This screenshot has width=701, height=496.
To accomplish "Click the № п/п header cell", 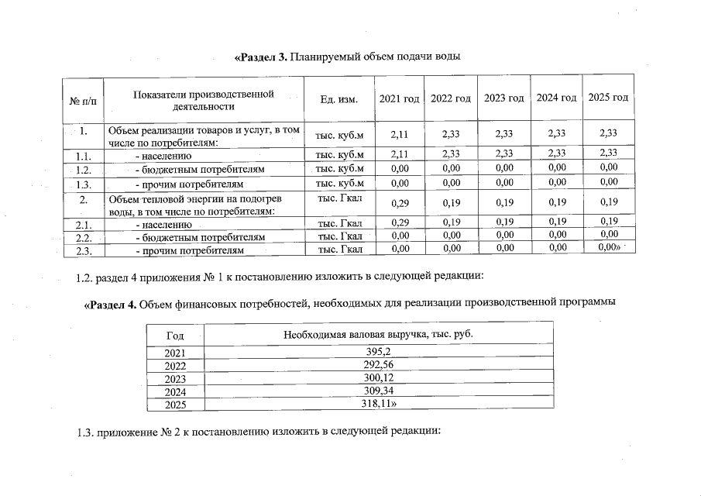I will coord(83,101).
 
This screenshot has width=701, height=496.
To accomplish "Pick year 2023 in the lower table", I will coord(176,378).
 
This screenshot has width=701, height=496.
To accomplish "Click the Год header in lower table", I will coord(175,335).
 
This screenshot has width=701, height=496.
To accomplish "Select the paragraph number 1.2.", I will coord(85,275).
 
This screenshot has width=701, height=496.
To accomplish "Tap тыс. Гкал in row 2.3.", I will coord(340,250).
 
